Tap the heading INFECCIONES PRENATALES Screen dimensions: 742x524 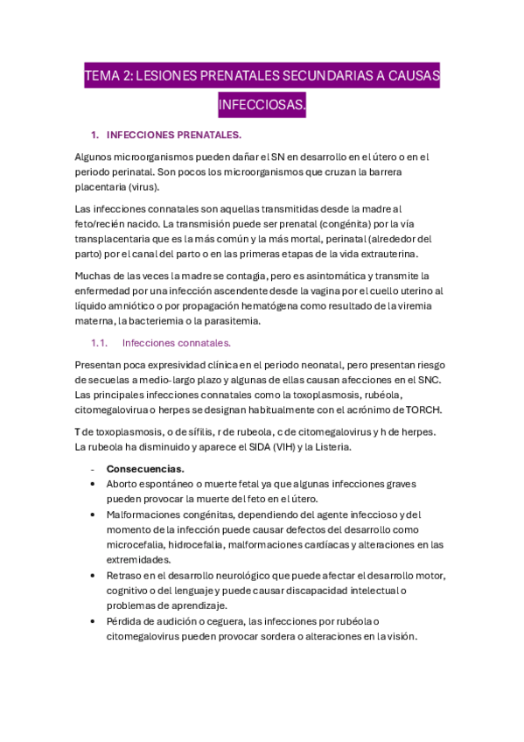(173, 135)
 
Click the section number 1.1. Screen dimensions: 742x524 (100, 343)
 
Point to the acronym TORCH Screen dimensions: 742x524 (425, 409)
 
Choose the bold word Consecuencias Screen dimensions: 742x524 (144, 469)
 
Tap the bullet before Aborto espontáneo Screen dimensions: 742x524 (94, 484)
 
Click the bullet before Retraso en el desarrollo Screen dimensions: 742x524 (94, 575)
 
